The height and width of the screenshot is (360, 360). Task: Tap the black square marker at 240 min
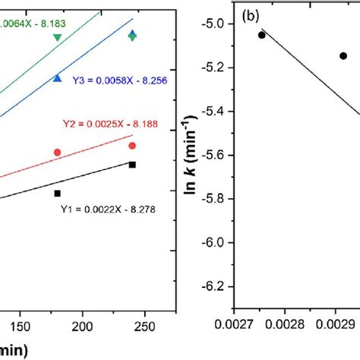[x=132, y=165]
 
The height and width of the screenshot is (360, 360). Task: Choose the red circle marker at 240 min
[x=132, y=146]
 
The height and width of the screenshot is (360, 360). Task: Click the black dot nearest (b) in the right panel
[x=262, y=35]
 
